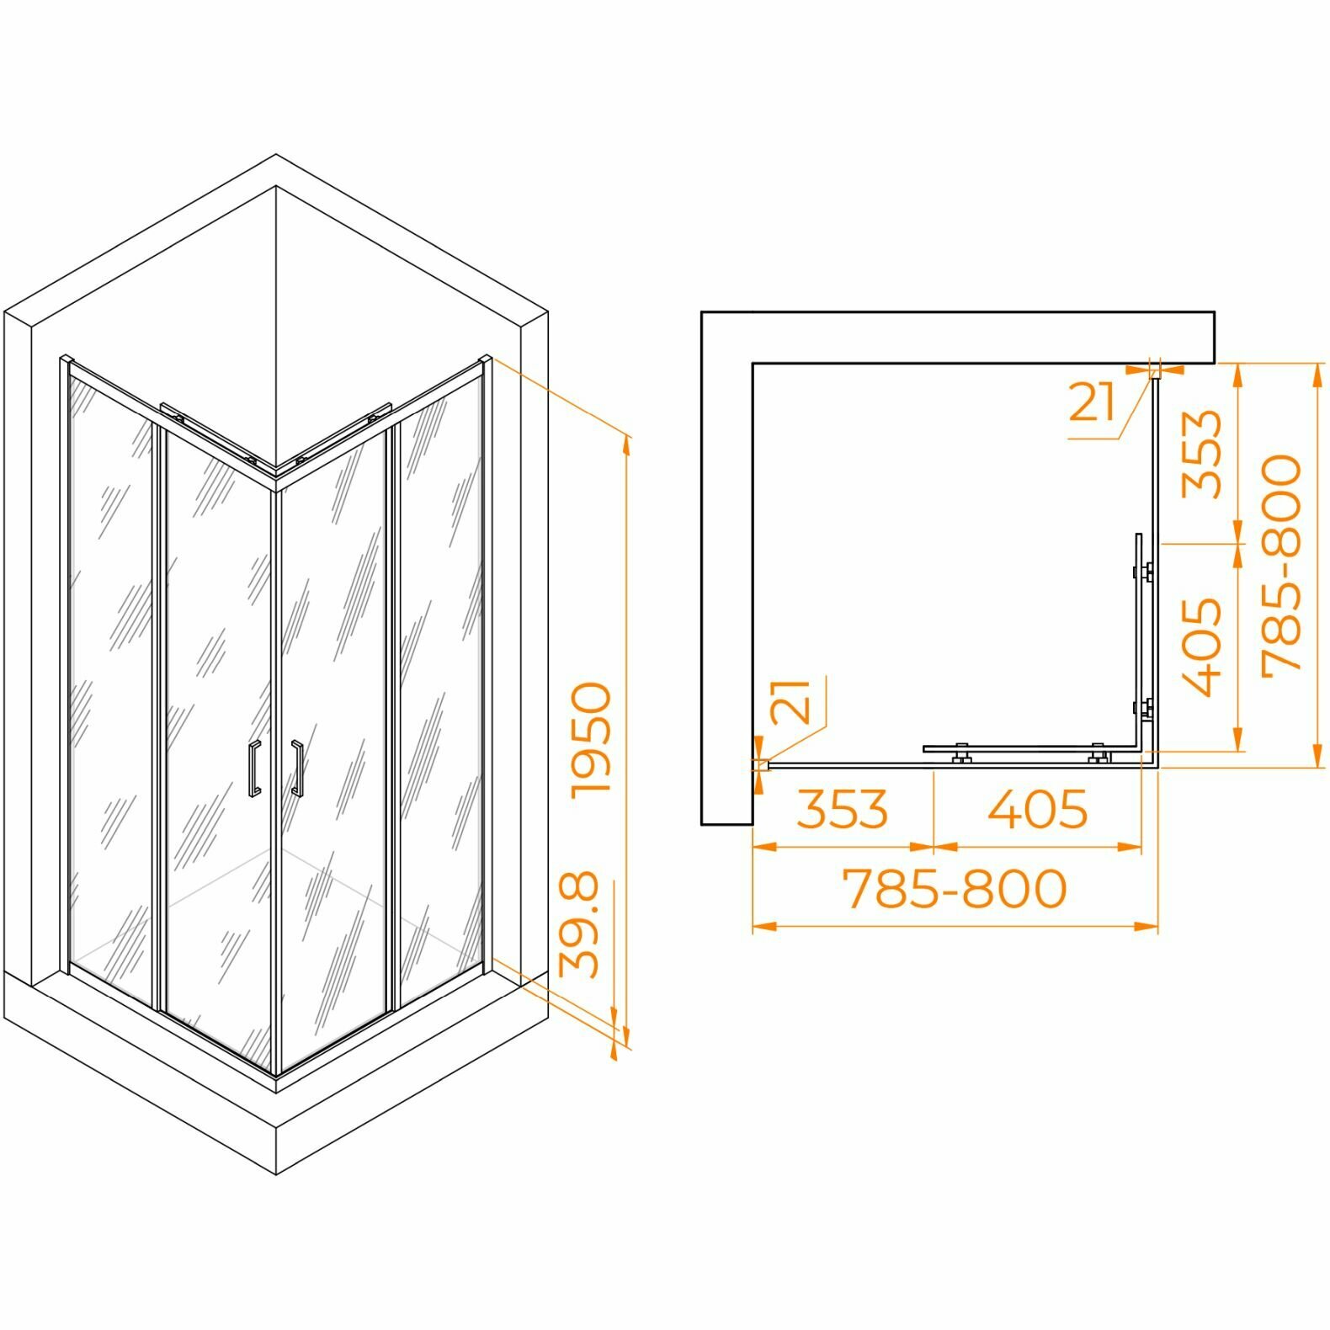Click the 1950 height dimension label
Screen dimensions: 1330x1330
(590, 739)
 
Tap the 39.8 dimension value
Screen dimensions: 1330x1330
(580, 924)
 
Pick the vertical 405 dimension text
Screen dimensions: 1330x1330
(1200, 646)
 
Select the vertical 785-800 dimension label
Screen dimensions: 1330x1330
(1280, 561)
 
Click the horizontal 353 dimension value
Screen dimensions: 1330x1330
(842, 809)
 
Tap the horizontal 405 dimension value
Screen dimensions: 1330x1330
(1037, 809)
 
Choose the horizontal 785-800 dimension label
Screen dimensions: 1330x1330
(955, 888)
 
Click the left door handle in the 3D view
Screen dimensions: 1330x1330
(254, 768)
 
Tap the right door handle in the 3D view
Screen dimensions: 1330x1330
(296, 768)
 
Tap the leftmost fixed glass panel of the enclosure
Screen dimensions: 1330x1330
(112, 673)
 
